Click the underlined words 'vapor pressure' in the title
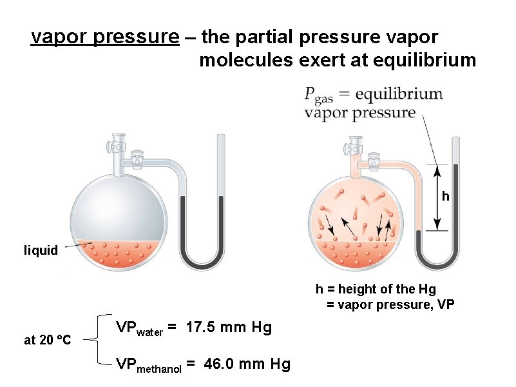pyautogui.click(x=105, y=37)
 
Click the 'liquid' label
pyautogui.click(x=41, y=250)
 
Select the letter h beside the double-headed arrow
pyautogui.click(x=445, y=196)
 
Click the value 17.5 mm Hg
pyautogui.click(x=229, y=328)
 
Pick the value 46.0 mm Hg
pyautogui.click(x=247, y=364)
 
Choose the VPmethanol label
pyautogui.click(x=155, y=366)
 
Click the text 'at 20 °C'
pyautogui.click(x=47, y=340)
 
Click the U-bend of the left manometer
pyautogui.click(x=201, y=260)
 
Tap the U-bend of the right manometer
pyautogui.click(x=437, y=261)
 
